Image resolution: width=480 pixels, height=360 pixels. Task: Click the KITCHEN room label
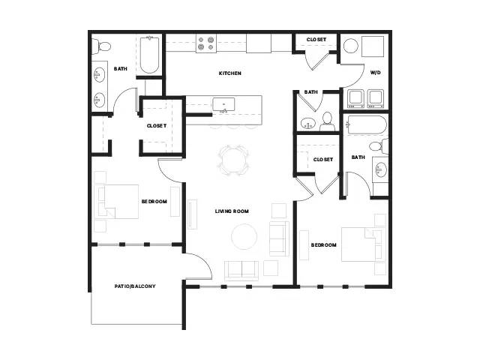[230, 73]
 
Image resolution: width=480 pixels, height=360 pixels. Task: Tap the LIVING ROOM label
[232, 211]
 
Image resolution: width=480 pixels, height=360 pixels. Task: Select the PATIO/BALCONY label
[135, 286]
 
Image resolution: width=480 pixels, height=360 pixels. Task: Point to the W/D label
[376, 73]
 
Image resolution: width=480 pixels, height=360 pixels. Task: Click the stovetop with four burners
[206, 43]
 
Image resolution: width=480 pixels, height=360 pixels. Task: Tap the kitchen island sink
[223, 105]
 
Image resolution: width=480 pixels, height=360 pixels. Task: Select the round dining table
[234, 160]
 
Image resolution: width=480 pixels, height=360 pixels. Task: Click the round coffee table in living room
[244, 237]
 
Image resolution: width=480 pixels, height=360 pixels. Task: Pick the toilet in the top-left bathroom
[101, 46]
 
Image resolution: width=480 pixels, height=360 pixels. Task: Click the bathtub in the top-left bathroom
[150, 55]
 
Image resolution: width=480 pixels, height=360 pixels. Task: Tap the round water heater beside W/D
[351, 46]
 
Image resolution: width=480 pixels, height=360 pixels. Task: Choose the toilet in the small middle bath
[327, 122]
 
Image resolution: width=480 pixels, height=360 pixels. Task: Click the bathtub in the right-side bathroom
[366, 125]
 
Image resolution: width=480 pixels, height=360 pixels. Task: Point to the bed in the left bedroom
[118, 202]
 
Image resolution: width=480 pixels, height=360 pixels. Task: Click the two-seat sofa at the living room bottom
[241, 271]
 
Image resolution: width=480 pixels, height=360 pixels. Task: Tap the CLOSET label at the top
[316, 40]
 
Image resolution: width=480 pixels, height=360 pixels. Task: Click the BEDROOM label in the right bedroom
[323, 245]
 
